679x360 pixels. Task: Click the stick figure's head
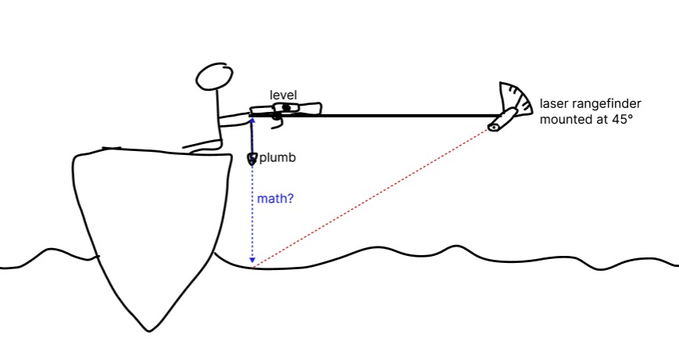213,77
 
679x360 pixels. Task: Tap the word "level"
282,95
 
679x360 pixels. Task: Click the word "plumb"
277,157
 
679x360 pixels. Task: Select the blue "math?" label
275,199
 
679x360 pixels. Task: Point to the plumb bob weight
252,159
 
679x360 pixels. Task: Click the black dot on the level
287,107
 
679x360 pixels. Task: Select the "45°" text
622,120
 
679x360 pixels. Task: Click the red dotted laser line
375,196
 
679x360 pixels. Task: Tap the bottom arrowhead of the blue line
252,260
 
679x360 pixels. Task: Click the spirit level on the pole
285,110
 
